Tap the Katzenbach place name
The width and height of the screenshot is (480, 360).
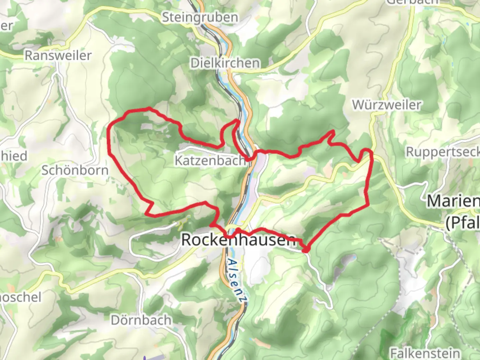(x=210, y=161)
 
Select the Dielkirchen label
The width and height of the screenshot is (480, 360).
(x=225, y=63)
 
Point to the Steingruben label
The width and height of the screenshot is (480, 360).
(x=200, y=17)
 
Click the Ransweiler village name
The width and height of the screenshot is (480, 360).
(x=58, y=55)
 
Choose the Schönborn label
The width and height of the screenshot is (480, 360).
(x=75, y=170)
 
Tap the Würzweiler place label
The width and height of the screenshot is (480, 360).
(x=387, y=105)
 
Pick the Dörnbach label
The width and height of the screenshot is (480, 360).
(x=141, y=320)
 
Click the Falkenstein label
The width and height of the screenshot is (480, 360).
(x=425, y=353)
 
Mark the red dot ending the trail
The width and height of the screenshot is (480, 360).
(x=306, y=249)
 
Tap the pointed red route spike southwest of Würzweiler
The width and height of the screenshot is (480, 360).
(x=333, y=131)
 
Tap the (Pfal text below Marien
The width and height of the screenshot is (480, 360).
(x=463, y=223)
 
